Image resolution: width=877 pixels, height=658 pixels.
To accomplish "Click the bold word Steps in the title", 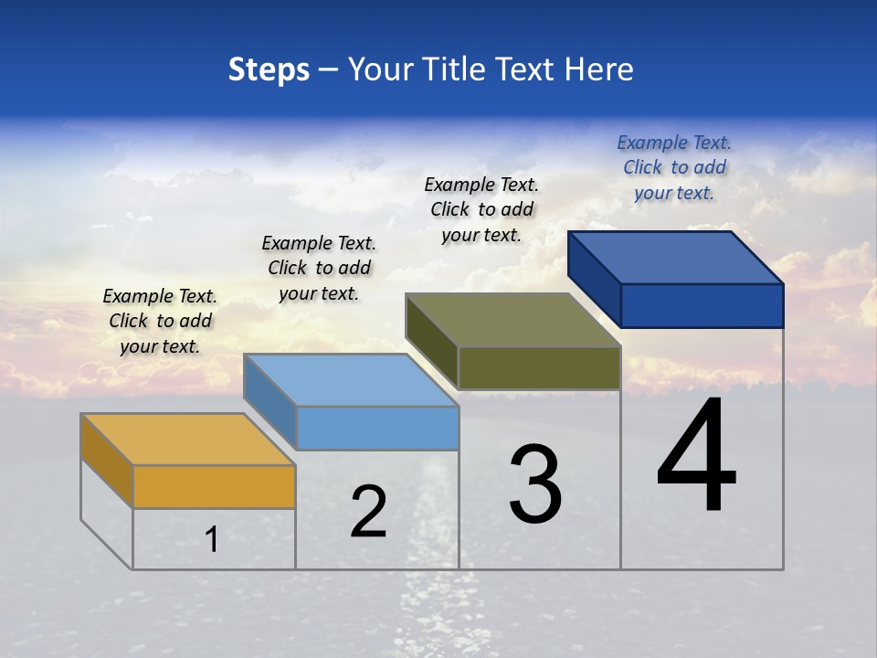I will pyautogui.click(x=269, y=69).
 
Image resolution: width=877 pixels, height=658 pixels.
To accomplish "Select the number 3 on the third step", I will pyautogui.click(x=535, y=485).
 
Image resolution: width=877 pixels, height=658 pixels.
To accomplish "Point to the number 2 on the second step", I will pyautogui.click(x=369, y=512).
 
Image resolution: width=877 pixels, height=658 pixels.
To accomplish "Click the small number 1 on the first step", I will pyautogui.click(x=212, y=540).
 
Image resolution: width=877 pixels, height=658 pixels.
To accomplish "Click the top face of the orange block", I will pyautogui.click(x=187, y=440).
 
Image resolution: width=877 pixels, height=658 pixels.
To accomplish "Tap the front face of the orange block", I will pyautogui.click(x=214, y=486).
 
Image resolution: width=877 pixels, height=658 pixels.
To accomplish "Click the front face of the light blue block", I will pyautogui.click(x=377, y=428).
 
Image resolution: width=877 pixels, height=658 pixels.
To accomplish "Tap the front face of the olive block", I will pyautogui.click(x=539, y=367).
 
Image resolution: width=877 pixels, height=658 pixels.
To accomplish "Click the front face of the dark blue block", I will pyautogui.click(x=702, y=305).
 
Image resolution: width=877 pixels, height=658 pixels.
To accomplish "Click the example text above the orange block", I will pyautogui.click(x=160, y=321).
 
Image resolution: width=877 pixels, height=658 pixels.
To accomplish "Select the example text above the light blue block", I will pyautogui.click(x=319, y=268).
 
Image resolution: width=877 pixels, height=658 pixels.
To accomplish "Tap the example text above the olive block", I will pyautogui.click(x=481, y=209).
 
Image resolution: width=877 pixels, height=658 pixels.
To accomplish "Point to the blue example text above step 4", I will pyautogui.click(x=674, y=167).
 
